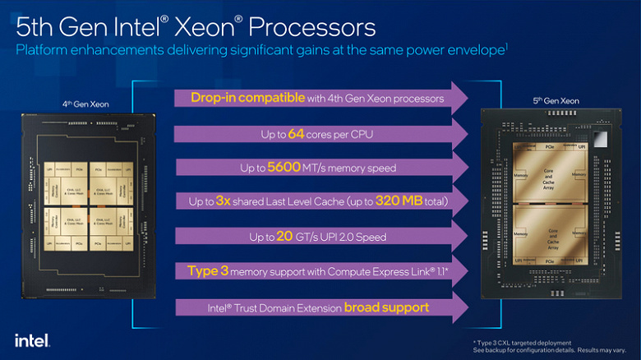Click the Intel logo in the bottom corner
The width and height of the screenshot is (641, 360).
click(x=32, y=339)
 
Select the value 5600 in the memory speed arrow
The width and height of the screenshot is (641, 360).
click(x=285, y=167)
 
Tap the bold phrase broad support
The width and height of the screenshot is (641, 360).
click(x=386, y=307)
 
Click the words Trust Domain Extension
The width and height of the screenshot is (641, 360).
click(x=284, y=308)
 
